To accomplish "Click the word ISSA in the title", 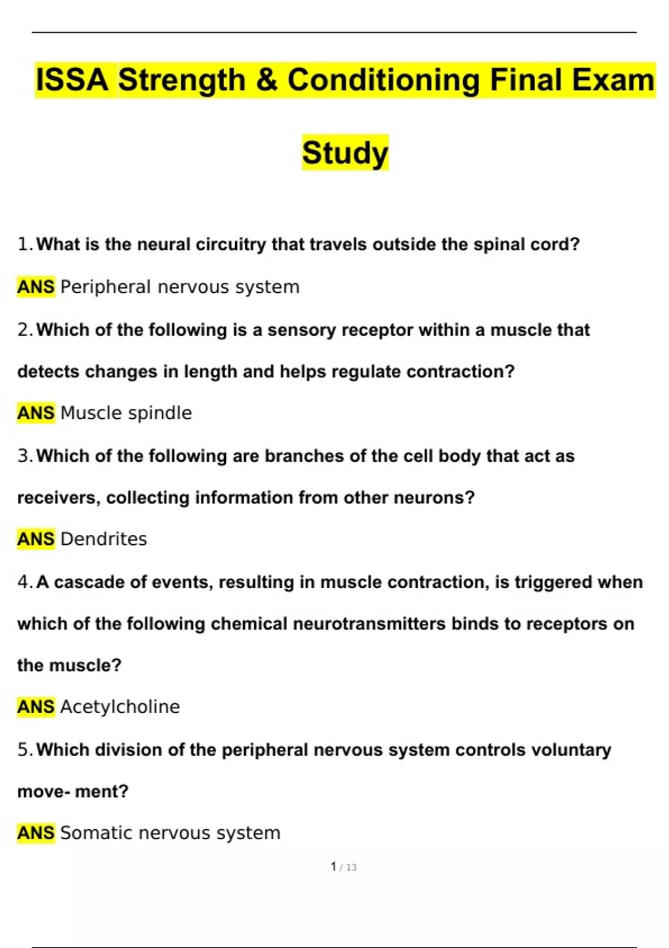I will click(72, 80).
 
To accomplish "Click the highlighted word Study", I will click(345, 153).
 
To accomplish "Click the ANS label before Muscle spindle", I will click(36, 413).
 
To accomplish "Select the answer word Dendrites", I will click(104, 539).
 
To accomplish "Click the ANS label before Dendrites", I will click(36, 539).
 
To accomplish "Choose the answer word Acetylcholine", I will click(120, 707).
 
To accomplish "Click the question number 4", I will click(23, 582).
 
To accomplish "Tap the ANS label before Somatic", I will click(36, 833).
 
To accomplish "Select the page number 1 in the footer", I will click(333, 867).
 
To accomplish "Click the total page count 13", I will click(351, 867).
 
